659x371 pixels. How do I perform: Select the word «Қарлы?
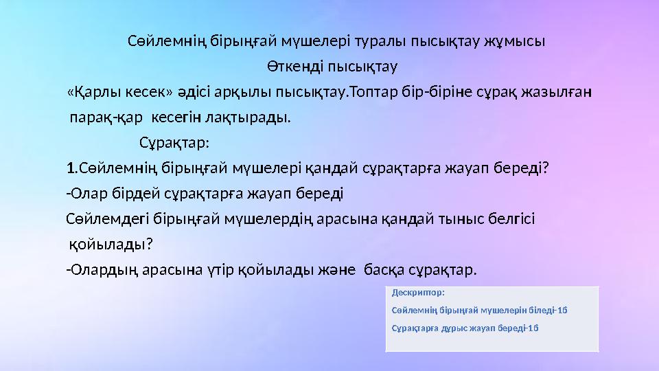pyautogui.click(x=92, y=93)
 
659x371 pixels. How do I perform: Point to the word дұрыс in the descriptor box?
pyautogui.click(x=454, y=327)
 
